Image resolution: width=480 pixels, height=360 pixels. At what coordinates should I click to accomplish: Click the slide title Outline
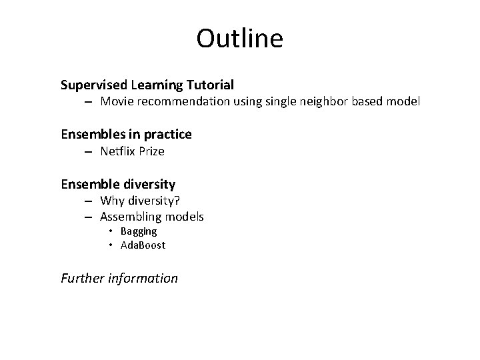pos(239,39)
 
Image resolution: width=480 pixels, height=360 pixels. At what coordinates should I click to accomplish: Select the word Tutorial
pos(211,85)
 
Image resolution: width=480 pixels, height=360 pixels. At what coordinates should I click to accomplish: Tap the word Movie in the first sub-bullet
pos(117,102)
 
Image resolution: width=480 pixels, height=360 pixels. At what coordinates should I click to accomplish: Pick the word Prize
pos(152,151)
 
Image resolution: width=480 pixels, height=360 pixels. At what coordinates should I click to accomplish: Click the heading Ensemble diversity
pos(118,184)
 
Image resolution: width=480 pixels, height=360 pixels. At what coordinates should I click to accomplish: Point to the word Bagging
pos(139,231)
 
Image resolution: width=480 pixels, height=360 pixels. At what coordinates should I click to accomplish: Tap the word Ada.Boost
pos(143,245)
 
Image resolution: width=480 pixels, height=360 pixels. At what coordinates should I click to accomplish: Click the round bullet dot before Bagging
pos(111,232)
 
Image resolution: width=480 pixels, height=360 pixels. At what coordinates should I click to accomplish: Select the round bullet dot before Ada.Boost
pos(111,246)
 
